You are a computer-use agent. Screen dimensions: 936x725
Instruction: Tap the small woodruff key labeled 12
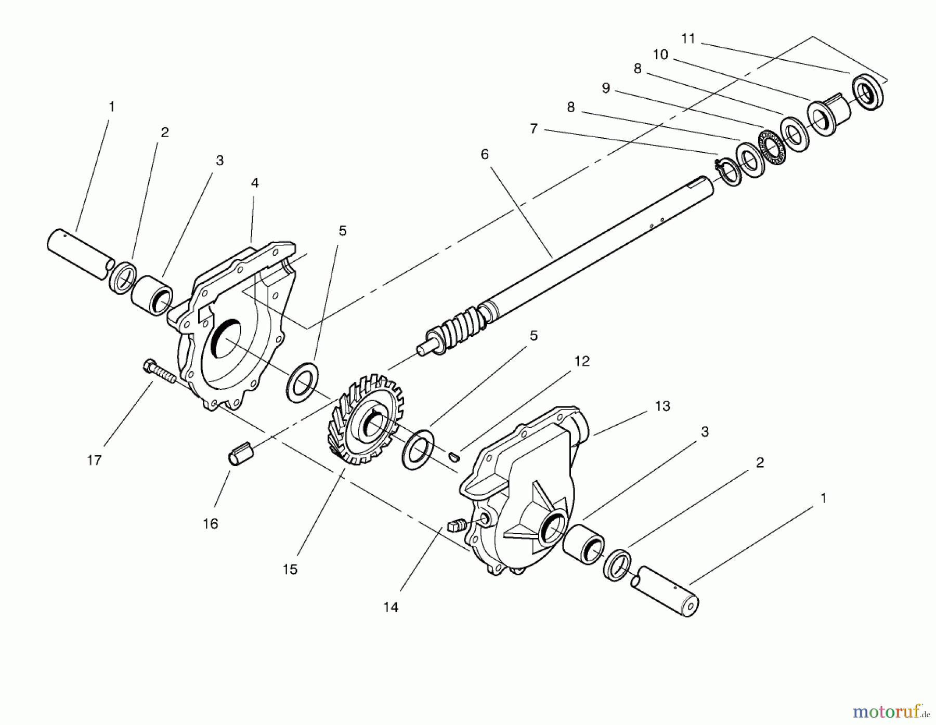[x=453, y=456]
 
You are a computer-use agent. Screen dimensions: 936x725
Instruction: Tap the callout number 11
[x=688, y=38]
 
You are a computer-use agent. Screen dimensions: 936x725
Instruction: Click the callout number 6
[x=485, y=154]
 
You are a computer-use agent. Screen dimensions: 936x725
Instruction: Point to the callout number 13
[x=662, y=406]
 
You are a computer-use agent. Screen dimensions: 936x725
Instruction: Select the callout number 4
[x=255, y=182]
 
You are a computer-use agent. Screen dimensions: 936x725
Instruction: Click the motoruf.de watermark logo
[x=900, y=708]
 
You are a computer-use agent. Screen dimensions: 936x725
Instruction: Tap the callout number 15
[x=290, y=569]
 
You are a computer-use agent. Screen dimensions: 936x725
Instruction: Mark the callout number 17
[x=94, y=460]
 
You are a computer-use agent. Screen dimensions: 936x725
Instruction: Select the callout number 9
[x=606, y=88]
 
